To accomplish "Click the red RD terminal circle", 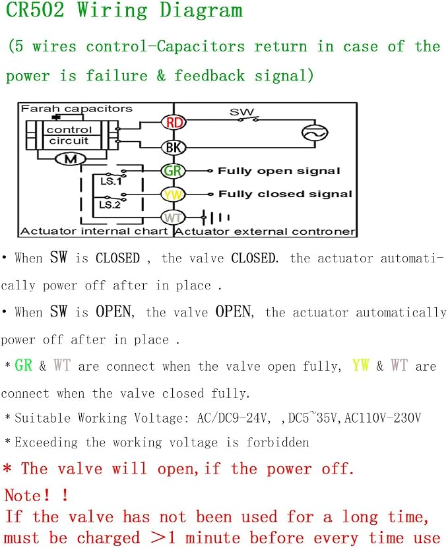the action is coord(174,122).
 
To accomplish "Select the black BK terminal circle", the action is coord(174,148).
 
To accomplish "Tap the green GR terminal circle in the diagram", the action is coord(173,171).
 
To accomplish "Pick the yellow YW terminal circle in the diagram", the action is coord(173,195).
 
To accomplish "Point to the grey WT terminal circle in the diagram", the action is coord(173,218).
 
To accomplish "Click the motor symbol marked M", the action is coord(71,160).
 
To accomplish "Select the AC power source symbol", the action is coord(315,133).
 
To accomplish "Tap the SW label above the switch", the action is coord(241,112).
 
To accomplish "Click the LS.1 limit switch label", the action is coord(110,181).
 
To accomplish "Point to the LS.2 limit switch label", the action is coord(110,204).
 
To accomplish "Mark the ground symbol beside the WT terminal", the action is coord(215,218).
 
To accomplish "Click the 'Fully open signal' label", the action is coord(278,171).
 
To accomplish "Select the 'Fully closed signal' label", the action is coord(285,194).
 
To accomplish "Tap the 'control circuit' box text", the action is coord(69,135).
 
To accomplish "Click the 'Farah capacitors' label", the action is coord(77,109).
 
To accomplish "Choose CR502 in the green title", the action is coord(36,10).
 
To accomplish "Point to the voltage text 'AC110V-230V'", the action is coord(383,417).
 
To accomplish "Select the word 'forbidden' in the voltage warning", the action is coord(278,442).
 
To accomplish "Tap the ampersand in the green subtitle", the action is coord(161,75).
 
